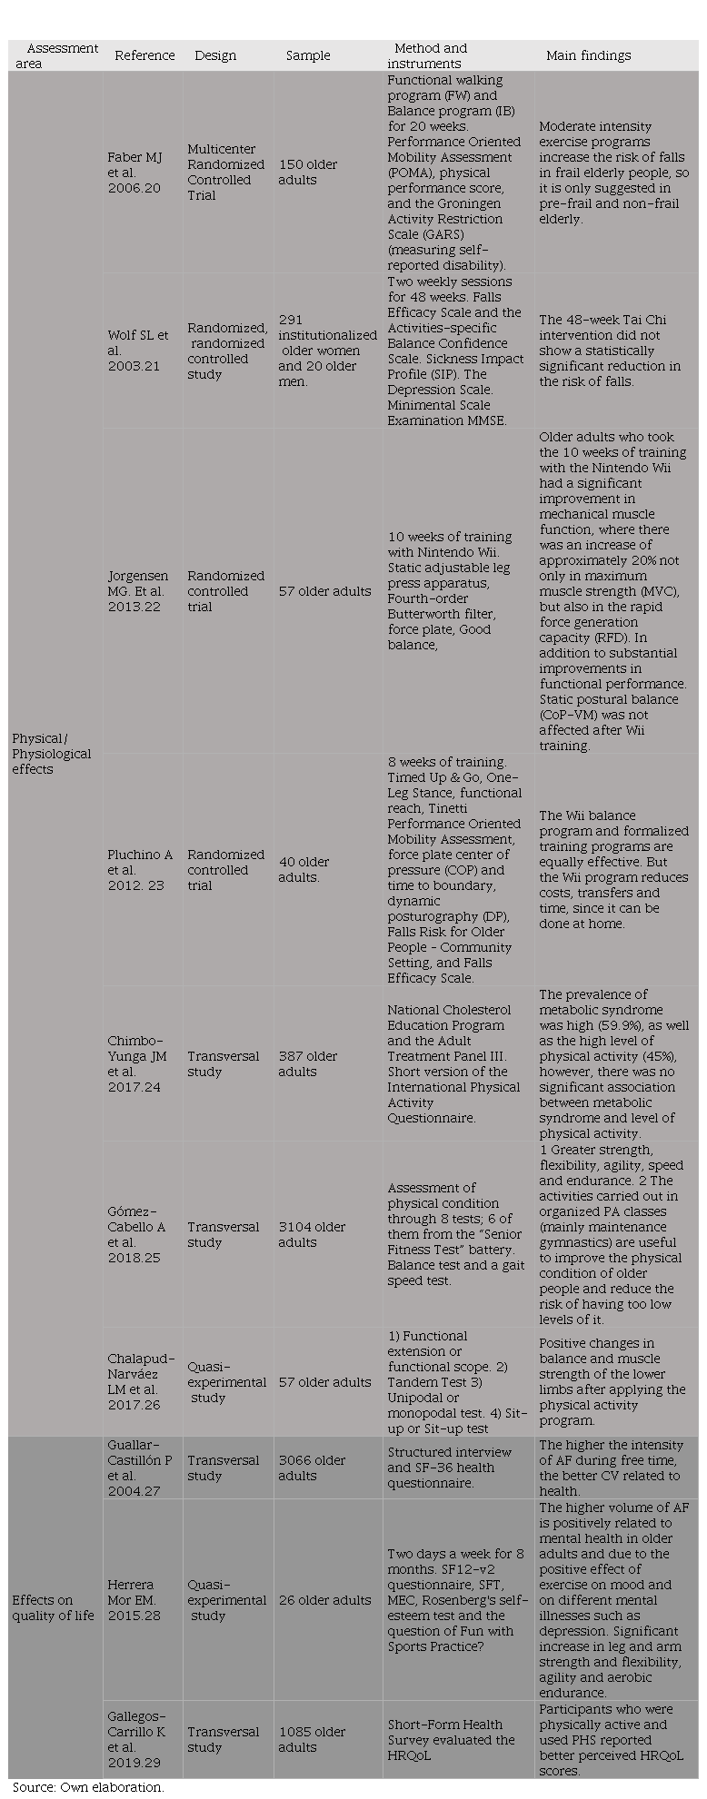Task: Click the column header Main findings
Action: point(588,55)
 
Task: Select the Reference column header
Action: point(144,55)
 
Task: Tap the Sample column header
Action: point(308,55)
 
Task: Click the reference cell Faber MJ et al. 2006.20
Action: point(135,172)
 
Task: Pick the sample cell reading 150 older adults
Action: point(308,172)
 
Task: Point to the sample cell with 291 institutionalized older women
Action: point(326,351)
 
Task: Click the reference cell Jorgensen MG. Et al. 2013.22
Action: point(137,590)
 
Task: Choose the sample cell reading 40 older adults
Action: point(304,869)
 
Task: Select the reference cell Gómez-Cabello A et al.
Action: point(136,1234)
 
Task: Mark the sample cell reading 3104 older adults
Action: point(312,1234)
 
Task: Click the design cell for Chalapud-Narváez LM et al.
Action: point(226,1381)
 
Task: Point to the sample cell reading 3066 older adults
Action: point(312,1468)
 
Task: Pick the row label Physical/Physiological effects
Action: point(52,753)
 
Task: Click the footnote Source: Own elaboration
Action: point(88,1786)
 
